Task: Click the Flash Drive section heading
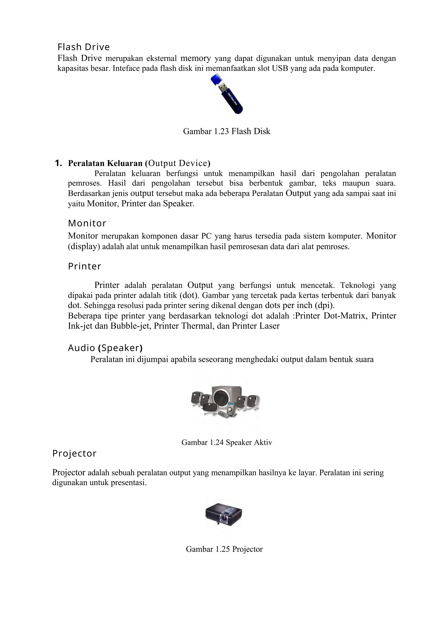click(84, 47)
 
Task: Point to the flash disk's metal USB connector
click(223, 88)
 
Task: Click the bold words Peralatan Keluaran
click(105, 163)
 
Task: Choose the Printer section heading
click(84, 266)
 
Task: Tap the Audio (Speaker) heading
click(105, 348)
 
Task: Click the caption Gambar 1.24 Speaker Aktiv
click(226, 442)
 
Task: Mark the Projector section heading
click(74, 454)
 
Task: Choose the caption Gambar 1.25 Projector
click(224, 549)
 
